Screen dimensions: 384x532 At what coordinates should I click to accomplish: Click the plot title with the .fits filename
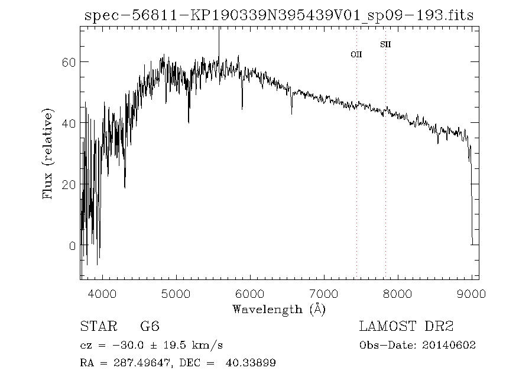coord(279,16)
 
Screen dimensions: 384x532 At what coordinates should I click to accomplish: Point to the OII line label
coord(356,54)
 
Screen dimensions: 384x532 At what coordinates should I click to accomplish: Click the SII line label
coord(385,44)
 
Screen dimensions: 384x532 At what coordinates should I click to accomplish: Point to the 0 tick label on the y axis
coord(72,246)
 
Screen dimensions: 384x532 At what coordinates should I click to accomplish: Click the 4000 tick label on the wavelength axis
coord(102,293)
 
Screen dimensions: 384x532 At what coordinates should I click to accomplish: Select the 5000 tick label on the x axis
coord(176,293)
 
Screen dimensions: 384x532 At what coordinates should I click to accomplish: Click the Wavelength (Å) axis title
coord(279,309)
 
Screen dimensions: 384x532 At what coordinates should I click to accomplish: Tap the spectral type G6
coord(150,326)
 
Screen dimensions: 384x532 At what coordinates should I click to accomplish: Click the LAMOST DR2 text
coord(406,326)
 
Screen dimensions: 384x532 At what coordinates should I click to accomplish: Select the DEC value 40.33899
coord(251,363)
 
